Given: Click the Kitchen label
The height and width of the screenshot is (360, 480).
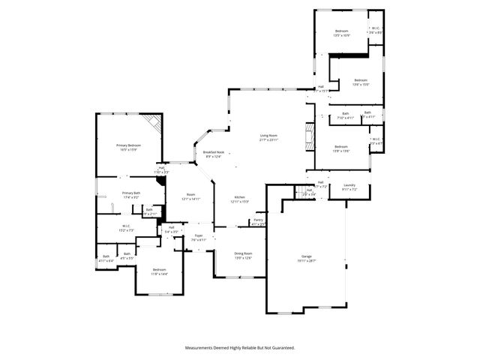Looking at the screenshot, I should point(238,199).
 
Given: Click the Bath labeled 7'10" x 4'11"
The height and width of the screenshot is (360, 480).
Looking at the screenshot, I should point(346,115).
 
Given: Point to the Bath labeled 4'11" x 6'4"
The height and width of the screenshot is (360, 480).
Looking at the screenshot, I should point(106,259).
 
